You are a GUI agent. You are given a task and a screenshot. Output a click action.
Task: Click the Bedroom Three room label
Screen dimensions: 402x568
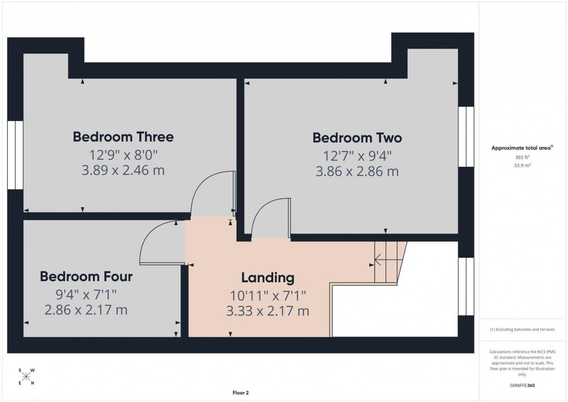123,137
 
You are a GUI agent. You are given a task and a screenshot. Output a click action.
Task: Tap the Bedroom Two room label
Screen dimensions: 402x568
357,138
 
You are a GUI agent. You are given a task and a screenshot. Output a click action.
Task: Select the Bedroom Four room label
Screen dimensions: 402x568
86,277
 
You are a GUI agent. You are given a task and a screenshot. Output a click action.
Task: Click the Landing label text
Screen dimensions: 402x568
267,277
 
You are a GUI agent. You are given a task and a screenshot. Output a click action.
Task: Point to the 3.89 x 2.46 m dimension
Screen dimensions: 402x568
123,171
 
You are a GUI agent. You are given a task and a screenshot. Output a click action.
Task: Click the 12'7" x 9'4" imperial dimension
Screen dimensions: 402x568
357,155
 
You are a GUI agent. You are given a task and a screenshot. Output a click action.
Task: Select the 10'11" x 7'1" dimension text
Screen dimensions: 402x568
267,294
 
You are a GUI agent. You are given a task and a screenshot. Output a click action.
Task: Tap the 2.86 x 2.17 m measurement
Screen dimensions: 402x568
86,310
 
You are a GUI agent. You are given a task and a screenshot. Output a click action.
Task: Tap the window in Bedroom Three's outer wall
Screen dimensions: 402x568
16,154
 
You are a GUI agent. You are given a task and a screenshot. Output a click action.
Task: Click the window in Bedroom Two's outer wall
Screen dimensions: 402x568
466,137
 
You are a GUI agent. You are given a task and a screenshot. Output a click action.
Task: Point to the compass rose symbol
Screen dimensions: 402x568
26,376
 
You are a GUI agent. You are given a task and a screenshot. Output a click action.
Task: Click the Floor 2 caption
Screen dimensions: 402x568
241,393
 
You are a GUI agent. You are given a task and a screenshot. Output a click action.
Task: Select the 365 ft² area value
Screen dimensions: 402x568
522,158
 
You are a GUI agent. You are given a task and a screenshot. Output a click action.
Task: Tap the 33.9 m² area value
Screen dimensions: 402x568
522,166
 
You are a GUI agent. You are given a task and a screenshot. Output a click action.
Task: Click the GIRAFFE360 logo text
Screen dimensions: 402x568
522,385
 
